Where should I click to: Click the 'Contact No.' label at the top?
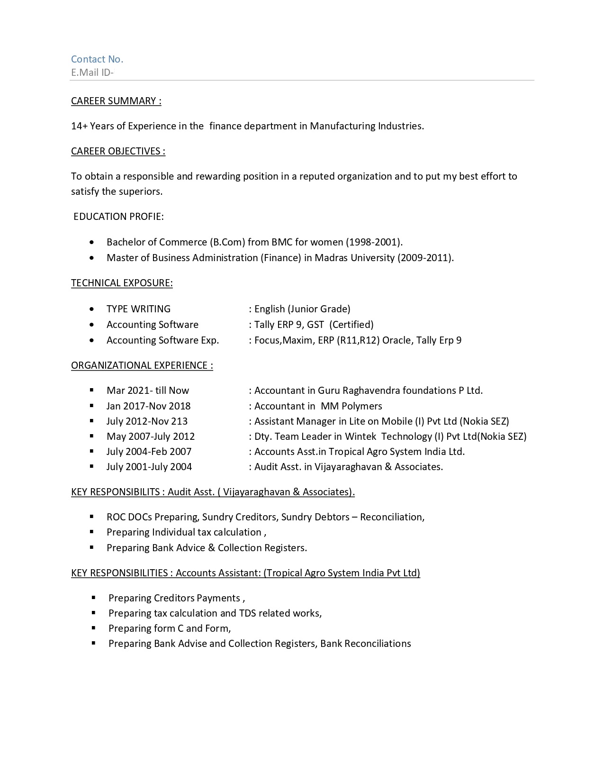(x=97, y=59)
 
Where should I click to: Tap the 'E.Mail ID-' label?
(x=92, y=73)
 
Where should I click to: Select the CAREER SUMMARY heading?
(x=116, y=101)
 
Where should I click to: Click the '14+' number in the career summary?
(x=79, y=126)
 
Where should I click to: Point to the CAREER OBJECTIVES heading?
(x=118, y=151)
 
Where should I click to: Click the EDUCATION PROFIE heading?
(x=118, y=217)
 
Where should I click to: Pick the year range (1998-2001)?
(x=374, y=242)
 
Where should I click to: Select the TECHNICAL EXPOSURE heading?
(x=122, y=283)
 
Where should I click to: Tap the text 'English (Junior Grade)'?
(x=302, y=309)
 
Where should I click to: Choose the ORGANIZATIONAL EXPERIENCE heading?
(x=142, y=365)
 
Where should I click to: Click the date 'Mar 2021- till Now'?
(x=148, y=391)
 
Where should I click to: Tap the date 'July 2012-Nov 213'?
(x=147, y=421)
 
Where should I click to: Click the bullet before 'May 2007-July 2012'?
(x=91, y=436)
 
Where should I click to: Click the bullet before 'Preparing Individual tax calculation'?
(x=91, y=532)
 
